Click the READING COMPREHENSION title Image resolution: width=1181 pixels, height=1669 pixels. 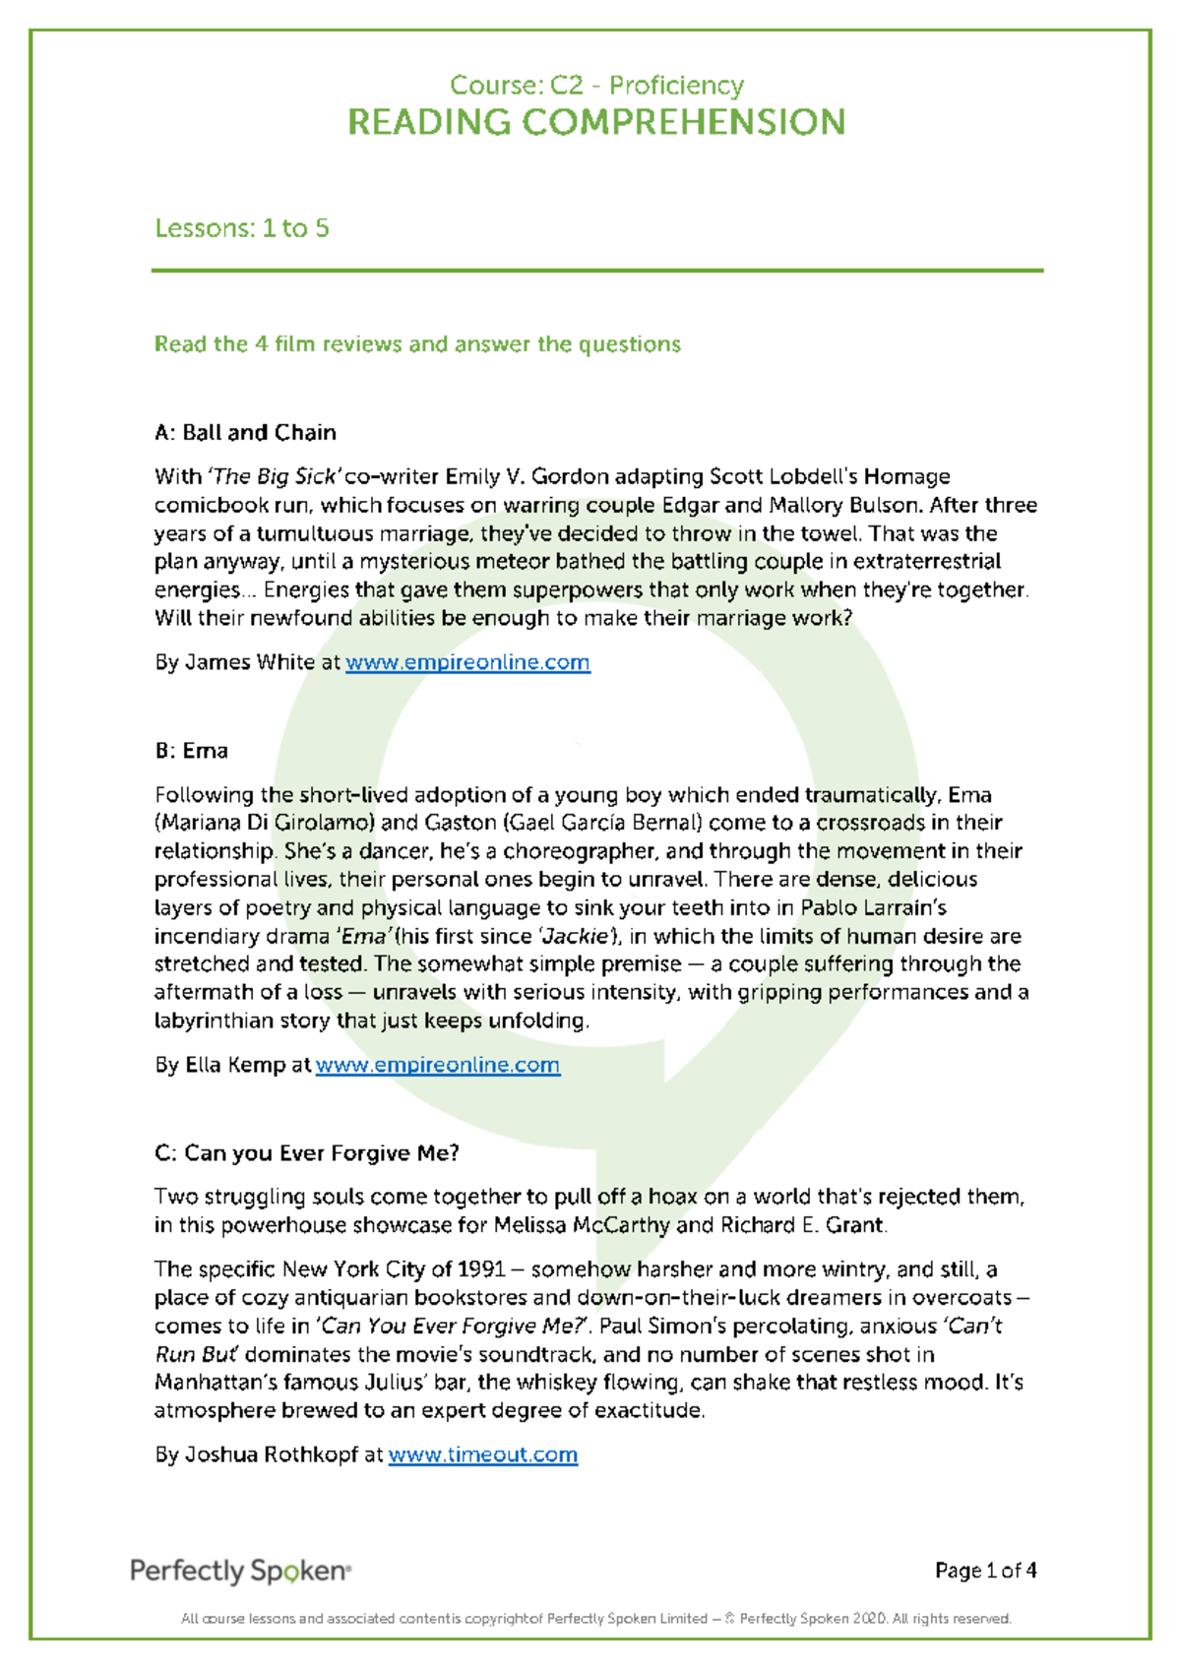596,123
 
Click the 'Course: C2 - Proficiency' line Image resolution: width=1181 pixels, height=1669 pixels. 596,86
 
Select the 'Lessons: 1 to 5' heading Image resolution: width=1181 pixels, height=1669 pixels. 242,228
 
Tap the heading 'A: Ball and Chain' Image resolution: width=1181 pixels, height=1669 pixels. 245,433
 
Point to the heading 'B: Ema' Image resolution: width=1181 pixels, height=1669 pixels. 191,751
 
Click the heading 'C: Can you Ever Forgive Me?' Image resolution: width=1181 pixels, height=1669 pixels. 306,1153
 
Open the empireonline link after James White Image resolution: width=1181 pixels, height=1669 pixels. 467,662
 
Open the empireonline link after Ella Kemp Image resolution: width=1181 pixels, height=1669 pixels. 437,1065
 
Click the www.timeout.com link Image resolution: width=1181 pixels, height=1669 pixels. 482,1454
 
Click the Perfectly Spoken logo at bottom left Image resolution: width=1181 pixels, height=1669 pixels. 240,1571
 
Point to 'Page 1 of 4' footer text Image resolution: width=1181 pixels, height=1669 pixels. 985,1571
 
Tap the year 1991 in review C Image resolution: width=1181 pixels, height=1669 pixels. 481,1269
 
